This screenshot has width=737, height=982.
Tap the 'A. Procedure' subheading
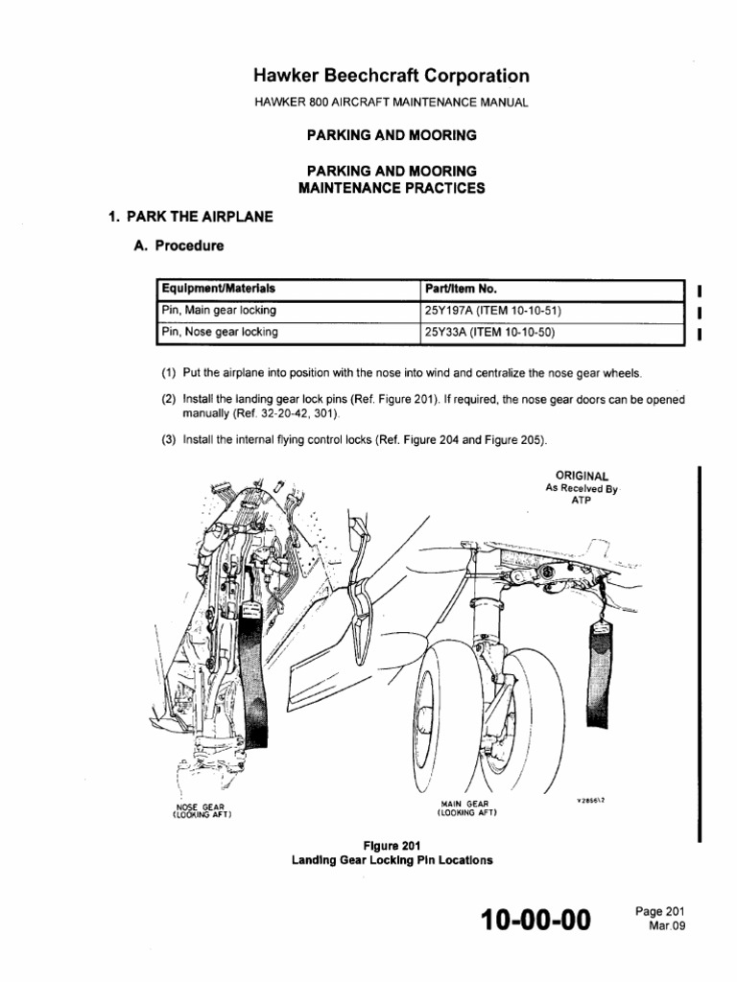[178, 245]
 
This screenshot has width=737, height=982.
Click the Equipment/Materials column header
[220, 288]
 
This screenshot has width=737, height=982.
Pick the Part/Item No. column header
[461, 288]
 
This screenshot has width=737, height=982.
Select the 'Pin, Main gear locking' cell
[220, 310]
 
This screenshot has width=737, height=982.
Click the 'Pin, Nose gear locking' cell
[220, 332]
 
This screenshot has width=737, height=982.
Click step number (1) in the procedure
[169, 373]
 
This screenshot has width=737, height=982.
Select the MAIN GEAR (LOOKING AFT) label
[465, 807]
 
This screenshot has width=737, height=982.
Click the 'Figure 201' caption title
[392, 845]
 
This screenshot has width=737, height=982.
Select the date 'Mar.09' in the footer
[667, 927]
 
